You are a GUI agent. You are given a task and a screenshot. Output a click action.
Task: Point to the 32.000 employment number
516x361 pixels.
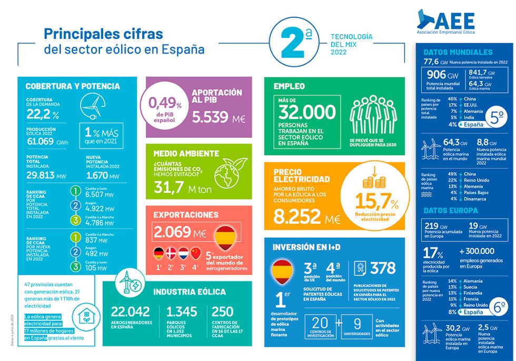point(307,112)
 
